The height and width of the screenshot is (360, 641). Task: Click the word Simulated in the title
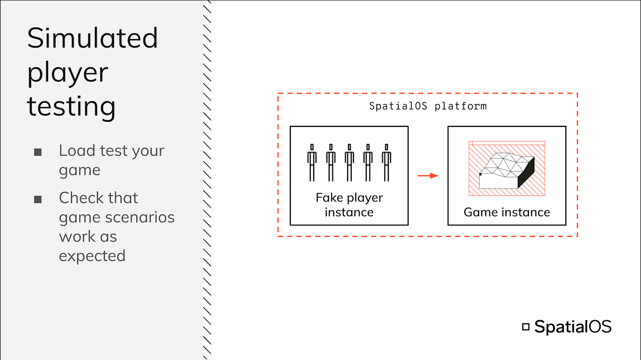point(92,38)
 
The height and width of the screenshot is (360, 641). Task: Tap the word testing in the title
point(71,107)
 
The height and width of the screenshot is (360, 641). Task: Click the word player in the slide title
point(67,73)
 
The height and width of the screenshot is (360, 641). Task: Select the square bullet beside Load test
point(38,152)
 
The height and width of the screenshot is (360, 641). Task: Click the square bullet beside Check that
point(38,199)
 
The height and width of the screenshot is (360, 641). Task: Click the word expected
point(92,256)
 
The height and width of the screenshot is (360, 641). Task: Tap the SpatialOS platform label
point(428,106)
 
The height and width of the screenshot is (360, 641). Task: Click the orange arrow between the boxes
point(428,175)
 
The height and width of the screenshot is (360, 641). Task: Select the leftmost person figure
point(312,162)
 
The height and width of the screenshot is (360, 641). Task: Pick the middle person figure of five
point(349,162)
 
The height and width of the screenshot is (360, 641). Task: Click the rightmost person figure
point(386,162)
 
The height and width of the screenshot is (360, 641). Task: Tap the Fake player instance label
point(349,205)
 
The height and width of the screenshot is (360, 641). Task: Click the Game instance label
point(506,212)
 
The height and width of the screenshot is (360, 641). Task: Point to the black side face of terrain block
point(526,173)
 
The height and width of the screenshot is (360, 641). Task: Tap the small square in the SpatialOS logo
point(526,327)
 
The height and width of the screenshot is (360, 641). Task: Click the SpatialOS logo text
point(572,327)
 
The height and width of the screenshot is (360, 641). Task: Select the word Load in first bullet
point(77,151)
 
